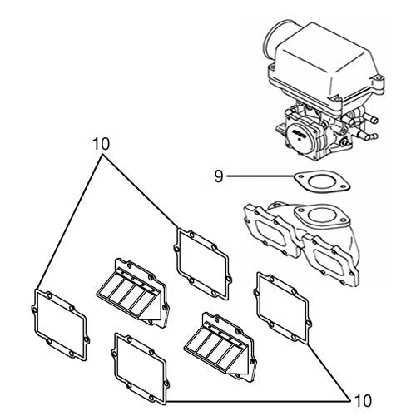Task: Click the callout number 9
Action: [218, 176]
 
